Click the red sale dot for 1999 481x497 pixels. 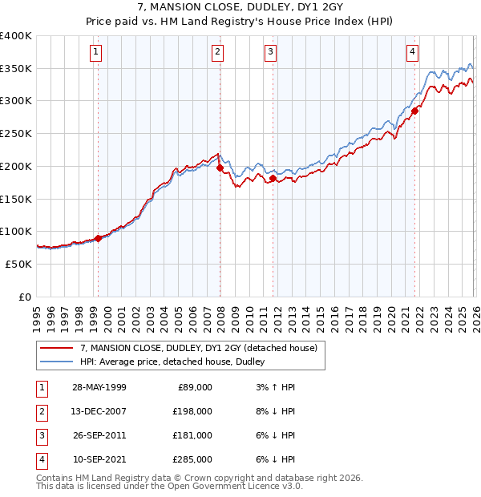[99, 238]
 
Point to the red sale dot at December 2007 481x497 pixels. [220, 168]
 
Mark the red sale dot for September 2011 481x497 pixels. [273, 179]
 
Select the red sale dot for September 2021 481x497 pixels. [415, 111]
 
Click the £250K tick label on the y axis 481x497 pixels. [16, 134]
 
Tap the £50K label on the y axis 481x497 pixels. [18, 264]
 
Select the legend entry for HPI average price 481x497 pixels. [177, 362]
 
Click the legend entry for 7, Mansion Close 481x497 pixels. [199, 348]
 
